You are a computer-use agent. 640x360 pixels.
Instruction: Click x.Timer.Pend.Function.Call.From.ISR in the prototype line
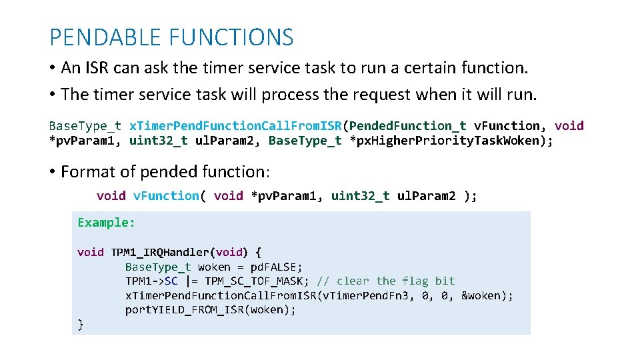pos(235,125)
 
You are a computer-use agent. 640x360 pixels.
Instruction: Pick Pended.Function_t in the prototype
pos(408,125)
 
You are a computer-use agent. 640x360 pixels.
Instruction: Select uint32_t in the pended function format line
pos(360,195)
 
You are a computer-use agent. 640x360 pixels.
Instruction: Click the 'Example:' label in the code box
pos(106,223)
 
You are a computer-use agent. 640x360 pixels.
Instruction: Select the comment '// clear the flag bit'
pos(386,281)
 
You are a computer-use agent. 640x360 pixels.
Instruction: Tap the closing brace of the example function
pos(81,325)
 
